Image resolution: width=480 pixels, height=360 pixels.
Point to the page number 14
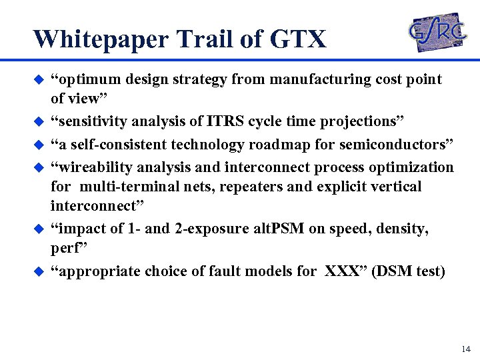[465, 349]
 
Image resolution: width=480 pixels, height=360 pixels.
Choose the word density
[405, 229]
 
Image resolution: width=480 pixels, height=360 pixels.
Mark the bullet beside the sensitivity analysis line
[39, 122]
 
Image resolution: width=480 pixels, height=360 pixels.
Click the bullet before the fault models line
[39, 271]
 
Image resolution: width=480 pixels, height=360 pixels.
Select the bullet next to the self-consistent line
[39, 145]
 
